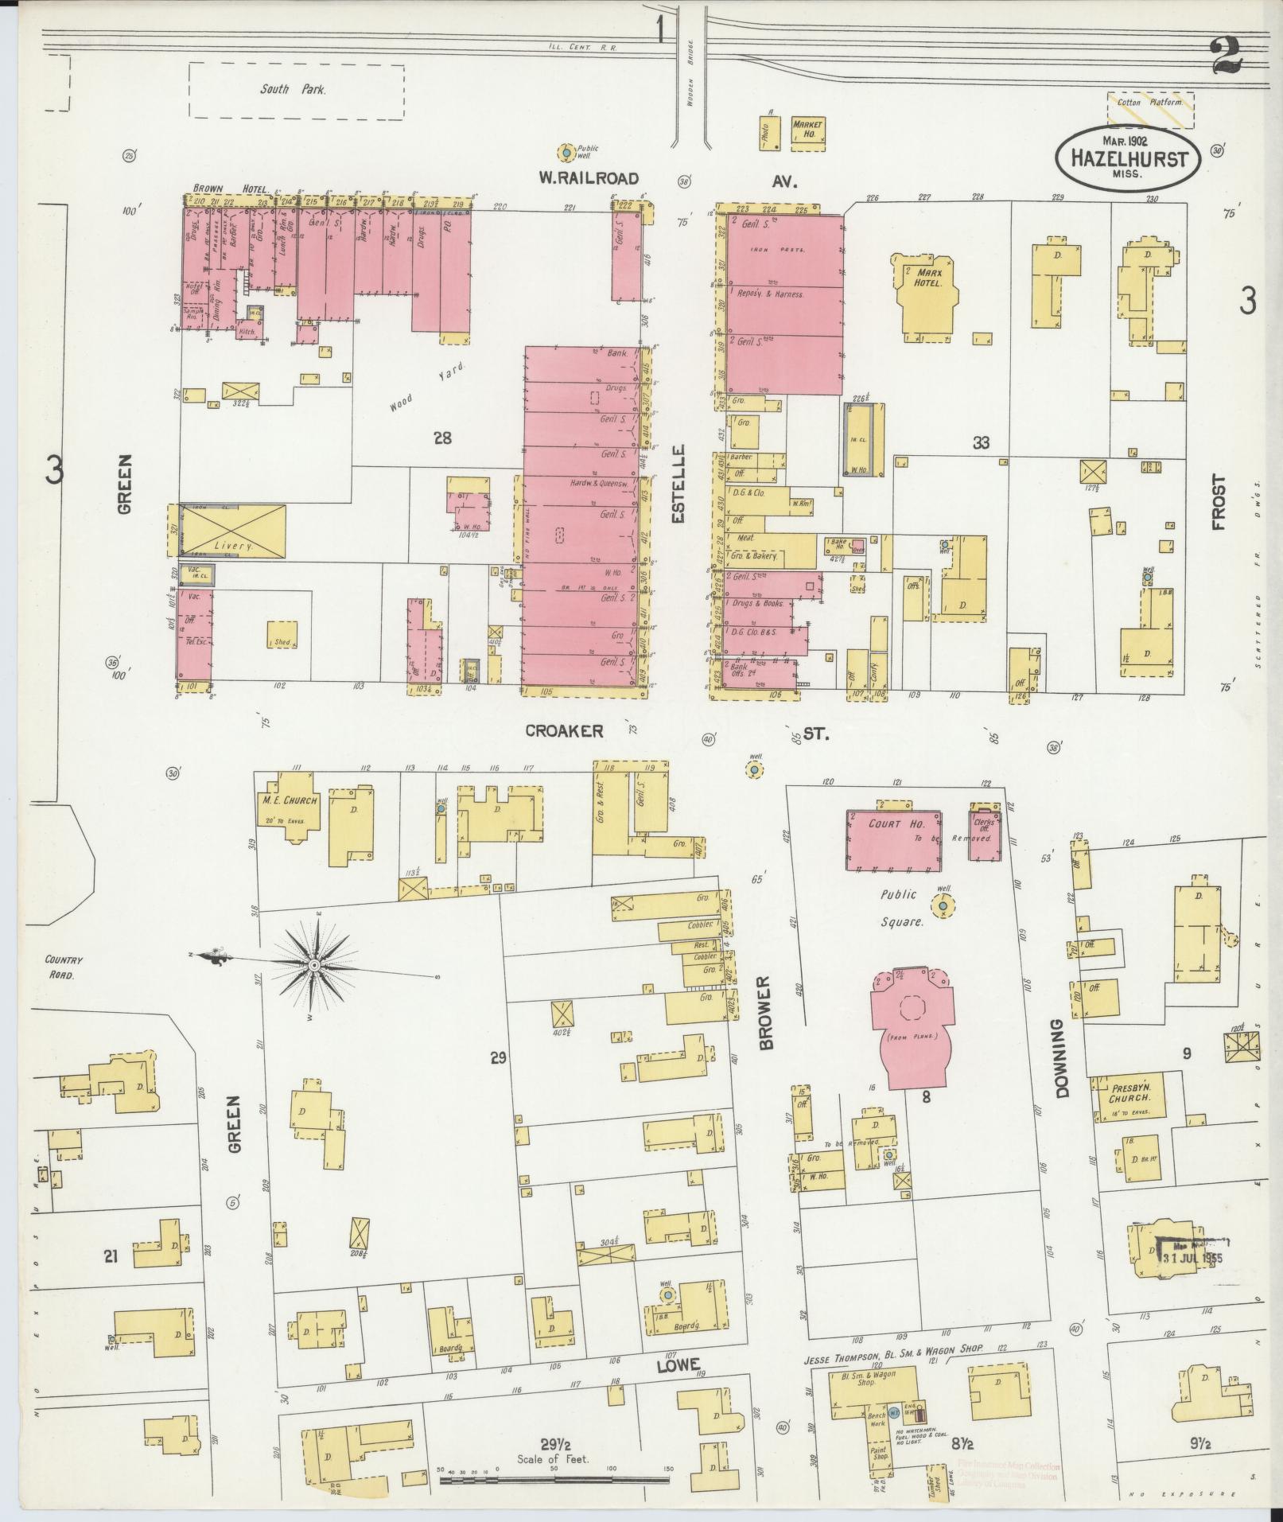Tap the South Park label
pos(292,90)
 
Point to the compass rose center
pos(314,964)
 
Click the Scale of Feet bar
pos(554,1481)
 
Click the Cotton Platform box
pos(1150,108)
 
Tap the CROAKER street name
pos(564,730)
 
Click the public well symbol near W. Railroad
pos(565,151)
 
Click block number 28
pos(442,437)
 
